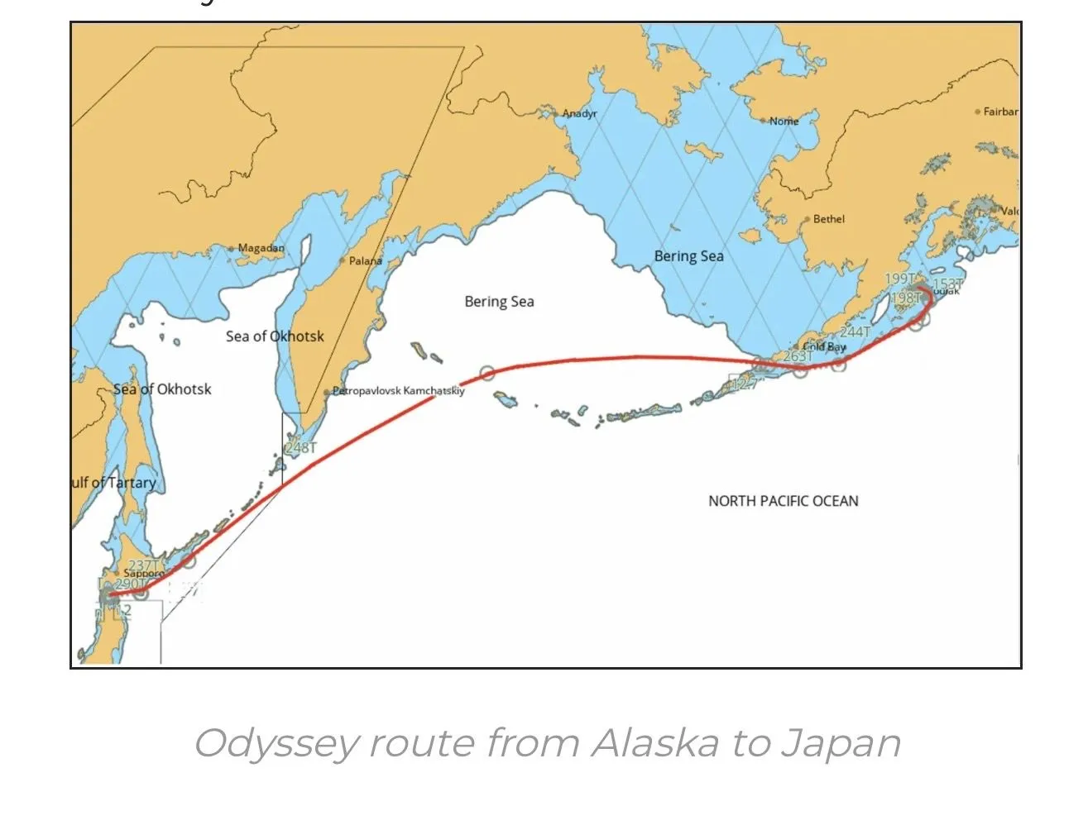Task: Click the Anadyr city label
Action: (579, 113)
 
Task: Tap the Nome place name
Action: (784, 121)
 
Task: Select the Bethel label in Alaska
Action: (828, 219)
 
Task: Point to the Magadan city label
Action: (261, 248)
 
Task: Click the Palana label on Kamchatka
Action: (365, 260)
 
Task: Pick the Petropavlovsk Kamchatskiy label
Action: (398, 391)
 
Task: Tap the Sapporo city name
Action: (143, 573)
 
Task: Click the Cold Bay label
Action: (824, 347)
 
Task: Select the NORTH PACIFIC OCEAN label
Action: (783, 501)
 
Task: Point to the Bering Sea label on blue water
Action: (688, 256)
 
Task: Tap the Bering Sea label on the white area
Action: (499, 302)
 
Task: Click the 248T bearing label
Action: (300, 447)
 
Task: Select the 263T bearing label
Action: (798, 356)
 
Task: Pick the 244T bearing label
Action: (855, 331)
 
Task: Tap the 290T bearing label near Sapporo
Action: (129, 584)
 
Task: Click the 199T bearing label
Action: (900, 279)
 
